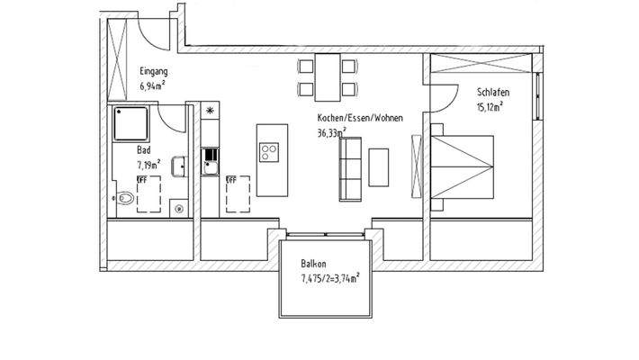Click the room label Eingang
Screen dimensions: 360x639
(x=153, y=71)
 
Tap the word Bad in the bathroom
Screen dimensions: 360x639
(x=143, y=150)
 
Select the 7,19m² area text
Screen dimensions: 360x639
(x=148, y=165)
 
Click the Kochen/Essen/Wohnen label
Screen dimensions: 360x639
(x=359, y=118)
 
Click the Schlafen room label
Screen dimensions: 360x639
(x=493, y=91)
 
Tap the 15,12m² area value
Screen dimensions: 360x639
(x=490, y=105)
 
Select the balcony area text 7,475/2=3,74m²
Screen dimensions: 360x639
(x=329, y=279)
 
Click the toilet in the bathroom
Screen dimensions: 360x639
(x=125, y=197)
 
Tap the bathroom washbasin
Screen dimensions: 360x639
(x=179, y=166)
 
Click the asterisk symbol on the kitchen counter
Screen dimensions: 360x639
(x=211, y=111)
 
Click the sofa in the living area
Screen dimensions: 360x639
(x=349, y=169)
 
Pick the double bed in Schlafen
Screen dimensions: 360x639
(x=464, y=166)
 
